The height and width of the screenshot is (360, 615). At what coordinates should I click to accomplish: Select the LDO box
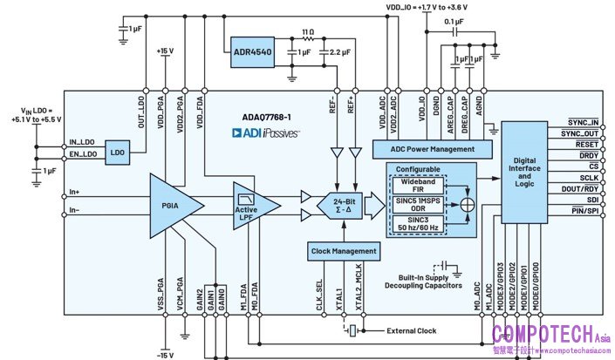(116, 153)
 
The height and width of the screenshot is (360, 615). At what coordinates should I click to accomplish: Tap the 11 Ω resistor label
(306, 31)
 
